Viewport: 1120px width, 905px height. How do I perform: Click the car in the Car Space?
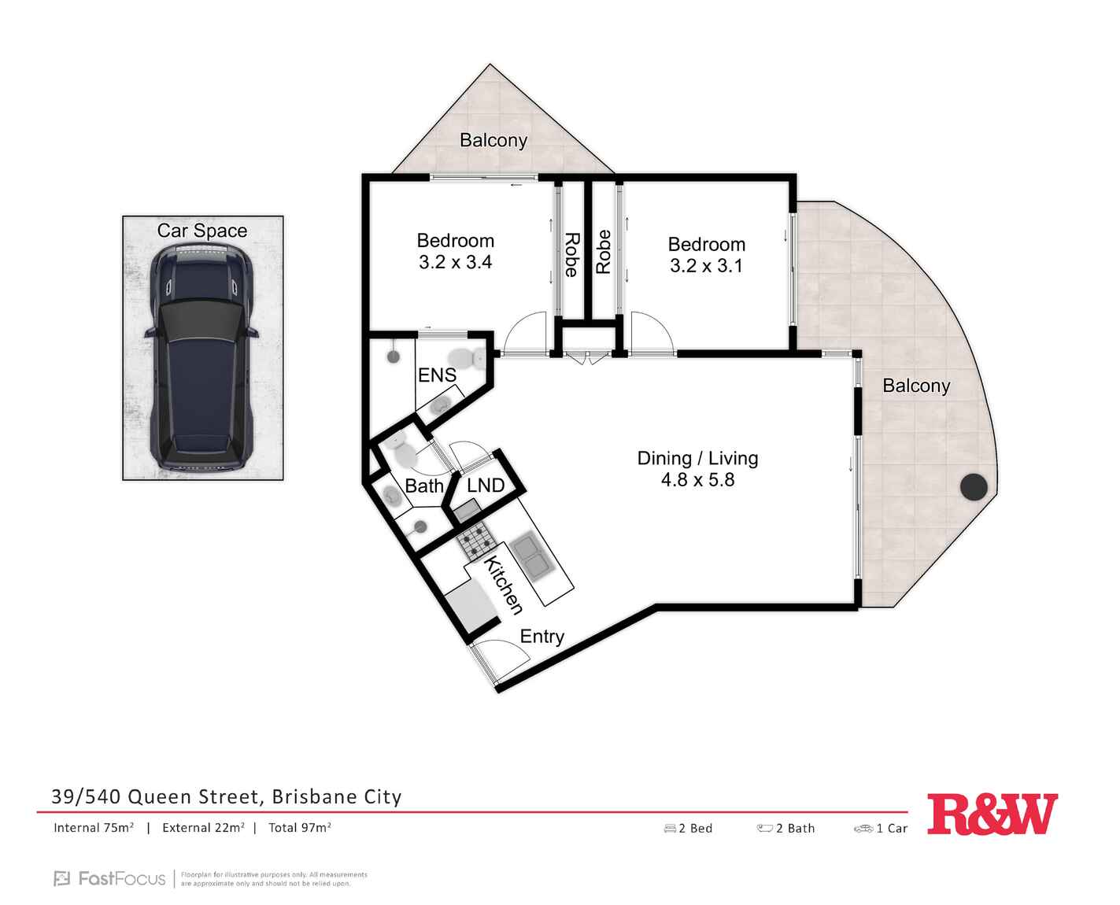coord(202,356)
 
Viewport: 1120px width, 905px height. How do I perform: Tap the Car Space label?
coord(202,231)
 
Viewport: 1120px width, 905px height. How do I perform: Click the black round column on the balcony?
coord(974,486)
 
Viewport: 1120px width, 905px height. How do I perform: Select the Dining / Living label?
coord(697,458)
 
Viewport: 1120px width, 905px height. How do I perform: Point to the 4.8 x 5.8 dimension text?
coord(697,479)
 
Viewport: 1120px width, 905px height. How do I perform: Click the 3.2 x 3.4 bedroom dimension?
coord(455,262)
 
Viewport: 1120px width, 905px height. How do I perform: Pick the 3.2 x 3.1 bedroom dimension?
coord(706,265)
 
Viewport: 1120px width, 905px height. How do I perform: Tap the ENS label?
coord(437,375)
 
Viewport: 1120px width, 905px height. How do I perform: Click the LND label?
coord(485,485)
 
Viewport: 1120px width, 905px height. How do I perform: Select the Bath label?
coord(423,486)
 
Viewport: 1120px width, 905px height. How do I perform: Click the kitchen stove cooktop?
coord(476,540)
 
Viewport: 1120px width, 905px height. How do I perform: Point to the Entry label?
coord(542,637)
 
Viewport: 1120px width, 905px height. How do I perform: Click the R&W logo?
coord(992,814)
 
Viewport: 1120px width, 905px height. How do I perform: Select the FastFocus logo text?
coord(121,878)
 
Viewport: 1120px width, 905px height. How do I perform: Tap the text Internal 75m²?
coord(94,828)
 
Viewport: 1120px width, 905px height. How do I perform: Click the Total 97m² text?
coord(300,828)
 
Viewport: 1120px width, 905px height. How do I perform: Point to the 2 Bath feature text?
coord(795,828)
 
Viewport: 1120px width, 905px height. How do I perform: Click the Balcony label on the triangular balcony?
coord(493,140)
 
